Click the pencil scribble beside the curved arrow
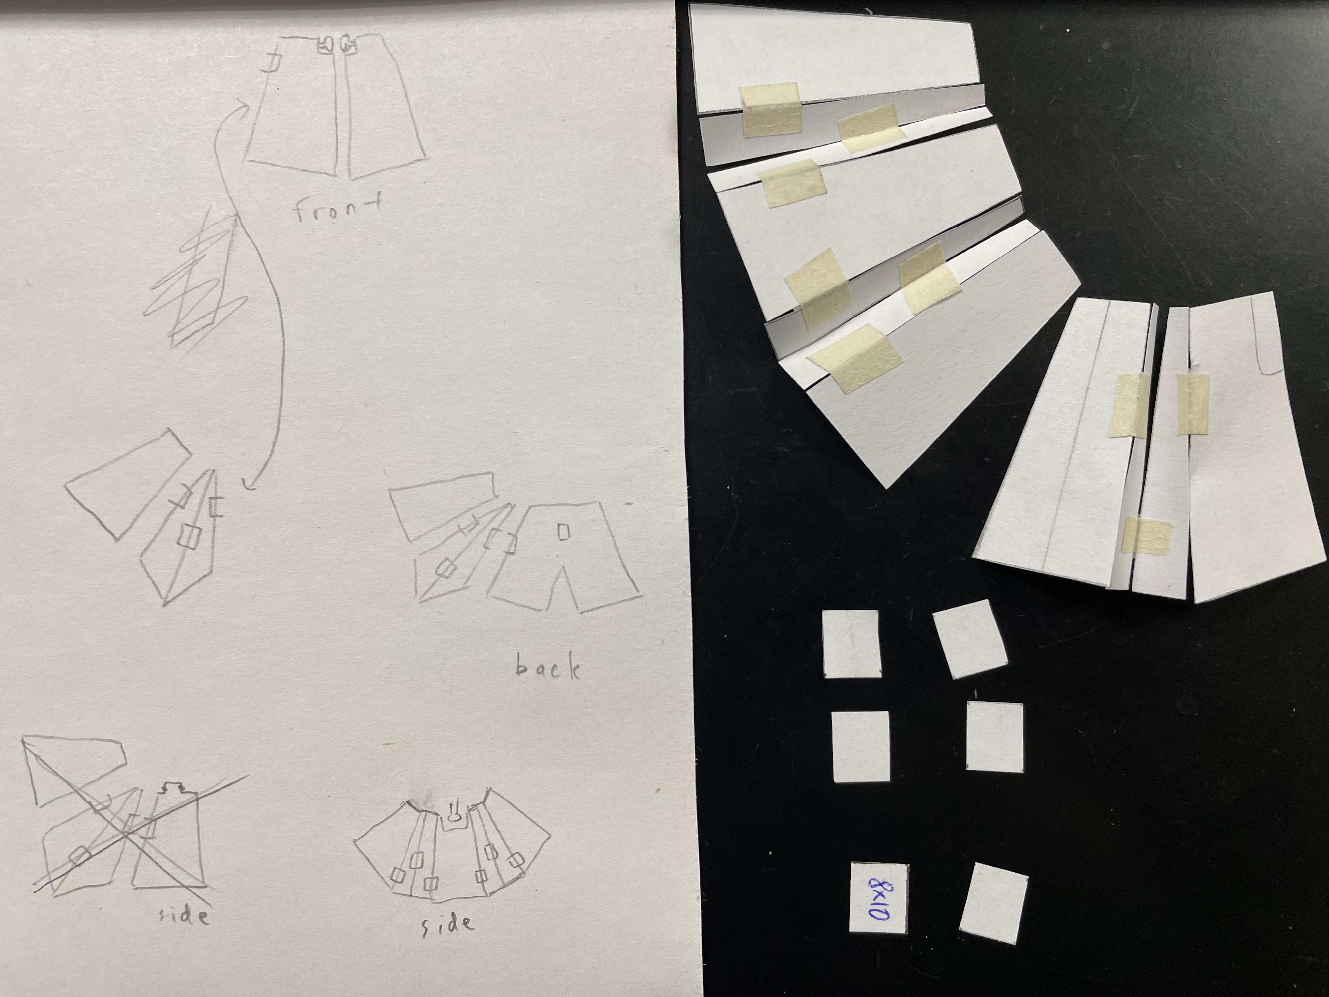point(195,280)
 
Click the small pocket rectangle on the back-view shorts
point(563,532)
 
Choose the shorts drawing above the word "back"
point(565,556)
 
